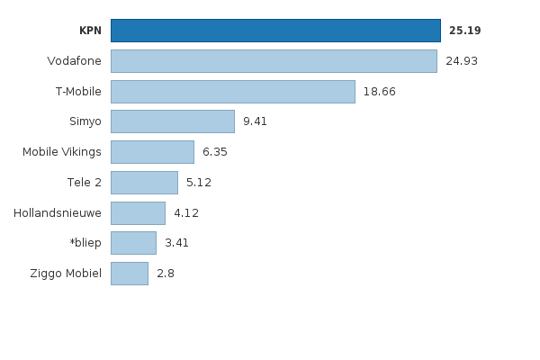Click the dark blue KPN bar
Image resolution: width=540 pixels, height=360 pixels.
tap(275, 31)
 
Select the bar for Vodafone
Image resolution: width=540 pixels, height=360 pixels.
tap(274, 61)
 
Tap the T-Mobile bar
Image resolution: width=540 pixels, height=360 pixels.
tap(232, 92)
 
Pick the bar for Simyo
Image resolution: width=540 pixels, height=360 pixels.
tap(172, 121)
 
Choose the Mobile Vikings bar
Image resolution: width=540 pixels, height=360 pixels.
tap(152, 152)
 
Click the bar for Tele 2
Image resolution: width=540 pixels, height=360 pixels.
tap(144, 183)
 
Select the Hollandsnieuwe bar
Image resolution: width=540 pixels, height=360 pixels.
tap(138, 213)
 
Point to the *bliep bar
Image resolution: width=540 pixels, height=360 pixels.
tap(133, 243)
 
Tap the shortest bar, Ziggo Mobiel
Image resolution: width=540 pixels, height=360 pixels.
tap(129, 274)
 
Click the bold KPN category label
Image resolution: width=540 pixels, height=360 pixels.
tap(90, 31)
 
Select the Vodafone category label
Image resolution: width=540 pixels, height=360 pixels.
tap(74, 61)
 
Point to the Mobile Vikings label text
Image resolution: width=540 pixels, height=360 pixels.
tap(62, 152)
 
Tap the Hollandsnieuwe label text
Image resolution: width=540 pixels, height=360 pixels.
tap(58, 213)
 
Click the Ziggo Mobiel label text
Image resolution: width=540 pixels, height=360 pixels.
tap(66, 274)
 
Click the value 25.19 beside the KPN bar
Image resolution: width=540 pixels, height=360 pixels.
tap(464, 31)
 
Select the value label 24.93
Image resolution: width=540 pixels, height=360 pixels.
tap(462, 61)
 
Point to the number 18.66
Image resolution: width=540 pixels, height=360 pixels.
tap(379, 92)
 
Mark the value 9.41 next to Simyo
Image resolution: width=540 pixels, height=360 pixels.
tap(255, 121)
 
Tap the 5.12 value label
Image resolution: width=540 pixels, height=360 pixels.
tap(198, 183)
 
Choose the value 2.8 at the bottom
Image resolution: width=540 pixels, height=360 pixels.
tap(166, 274)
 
